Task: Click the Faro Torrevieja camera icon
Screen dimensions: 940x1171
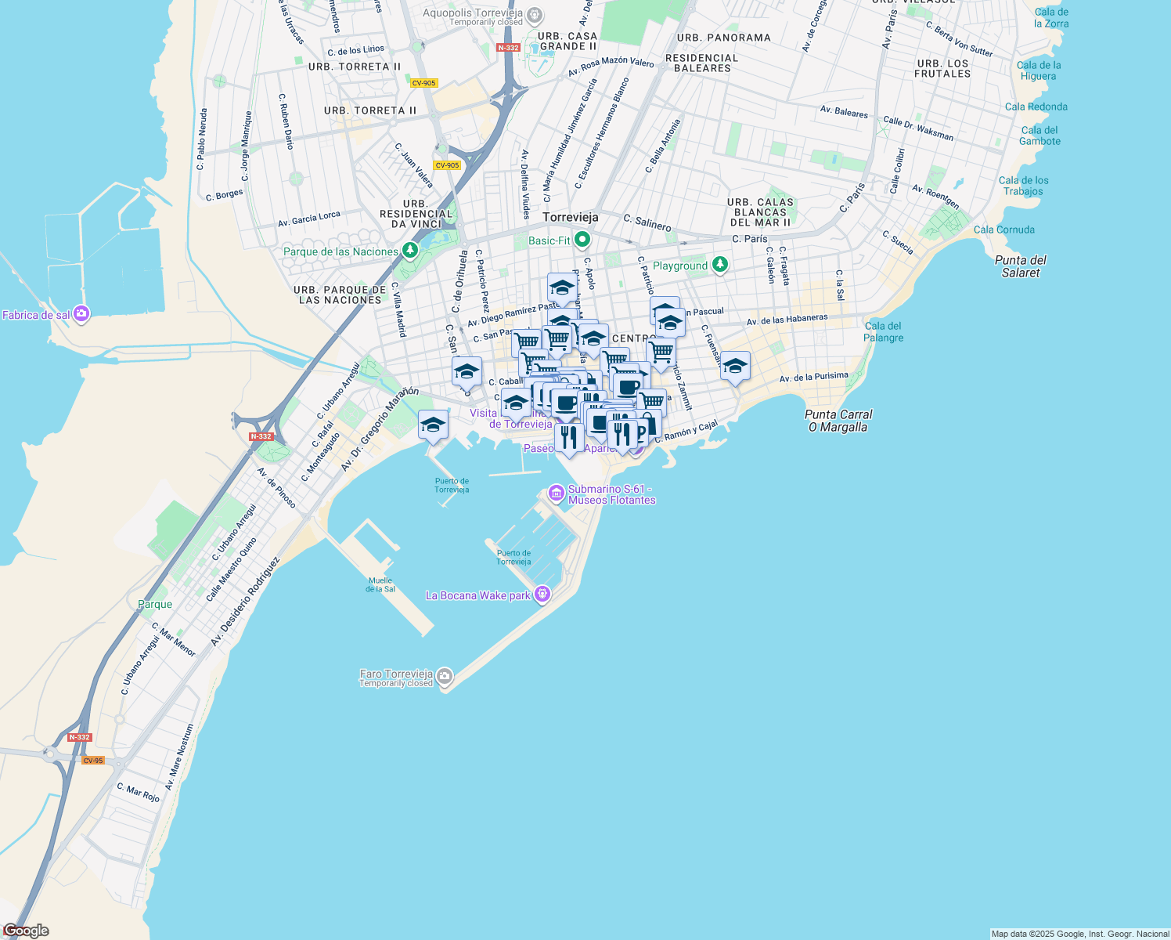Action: [445, 676]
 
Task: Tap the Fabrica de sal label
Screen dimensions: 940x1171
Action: [36, 315]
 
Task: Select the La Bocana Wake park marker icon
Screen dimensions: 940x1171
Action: [542, 595]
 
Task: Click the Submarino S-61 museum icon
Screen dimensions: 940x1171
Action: [557, 493]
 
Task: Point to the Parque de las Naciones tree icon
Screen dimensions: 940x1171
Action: [409, 251]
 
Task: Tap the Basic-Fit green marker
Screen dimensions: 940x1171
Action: [582, 239]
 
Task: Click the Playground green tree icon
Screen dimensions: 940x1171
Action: [720, 265]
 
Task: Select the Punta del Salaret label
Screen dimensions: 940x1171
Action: [1020, 266]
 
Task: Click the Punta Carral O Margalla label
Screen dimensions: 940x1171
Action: [838, 421]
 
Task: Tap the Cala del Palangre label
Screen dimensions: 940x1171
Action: [883, 332]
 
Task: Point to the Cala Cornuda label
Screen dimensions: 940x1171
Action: [1003, 230]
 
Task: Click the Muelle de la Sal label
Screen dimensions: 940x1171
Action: [380, 584]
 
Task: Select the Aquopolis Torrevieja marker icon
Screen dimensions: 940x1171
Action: [535, 14]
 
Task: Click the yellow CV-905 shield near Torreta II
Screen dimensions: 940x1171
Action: [423, 83]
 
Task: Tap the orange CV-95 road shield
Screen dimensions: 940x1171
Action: [92, 761]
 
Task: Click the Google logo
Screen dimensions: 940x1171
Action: [26, 931]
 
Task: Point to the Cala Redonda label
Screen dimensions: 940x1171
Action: [1036, 107]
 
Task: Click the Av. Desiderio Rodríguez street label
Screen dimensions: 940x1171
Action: [245, 602]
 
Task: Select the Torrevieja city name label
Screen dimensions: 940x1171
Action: [570, 217]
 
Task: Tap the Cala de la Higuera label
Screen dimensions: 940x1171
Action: [1039, 70]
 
